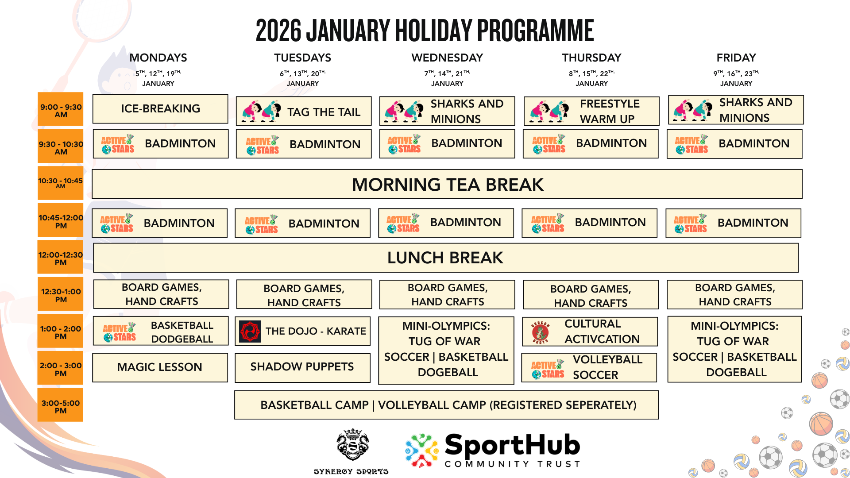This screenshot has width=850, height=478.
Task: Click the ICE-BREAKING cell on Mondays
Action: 160,109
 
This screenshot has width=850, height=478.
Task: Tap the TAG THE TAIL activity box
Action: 304,112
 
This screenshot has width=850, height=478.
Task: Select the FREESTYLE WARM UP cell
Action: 591,111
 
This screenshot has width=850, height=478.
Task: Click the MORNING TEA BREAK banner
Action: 447,184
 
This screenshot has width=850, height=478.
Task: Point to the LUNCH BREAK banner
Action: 446,258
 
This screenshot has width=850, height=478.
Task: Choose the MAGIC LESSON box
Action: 160,367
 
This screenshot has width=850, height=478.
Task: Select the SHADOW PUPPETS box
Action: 302,367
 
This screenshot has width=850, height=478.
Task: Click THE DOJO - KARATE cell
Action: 302,331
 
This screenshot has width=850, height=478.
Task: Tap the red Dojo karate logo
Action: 250,332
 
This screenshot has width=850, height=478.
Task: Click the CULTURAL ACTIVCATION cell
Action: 590,332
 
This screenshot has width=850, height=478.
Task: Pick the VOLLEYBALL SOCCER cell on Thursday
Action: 589,367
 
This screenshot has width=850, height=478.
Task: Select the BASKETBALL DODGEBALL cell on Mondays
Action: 161,331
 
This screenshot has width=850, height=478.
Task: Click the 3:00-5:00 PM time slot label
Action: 60,405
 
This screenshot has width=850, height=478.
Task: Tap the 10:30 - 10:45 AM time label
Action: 60,183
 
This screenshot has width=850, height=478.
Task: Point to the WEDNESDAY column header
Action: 447,58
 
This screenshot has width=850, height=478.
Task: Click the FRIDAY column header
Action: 736,58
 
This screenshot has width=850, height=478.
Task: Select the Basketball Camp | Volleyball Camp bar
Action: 446,405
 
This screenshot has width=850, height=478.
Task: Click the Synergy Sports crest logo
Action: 352,445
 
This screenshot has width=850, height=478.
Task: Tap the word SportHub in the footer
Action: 512,445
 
